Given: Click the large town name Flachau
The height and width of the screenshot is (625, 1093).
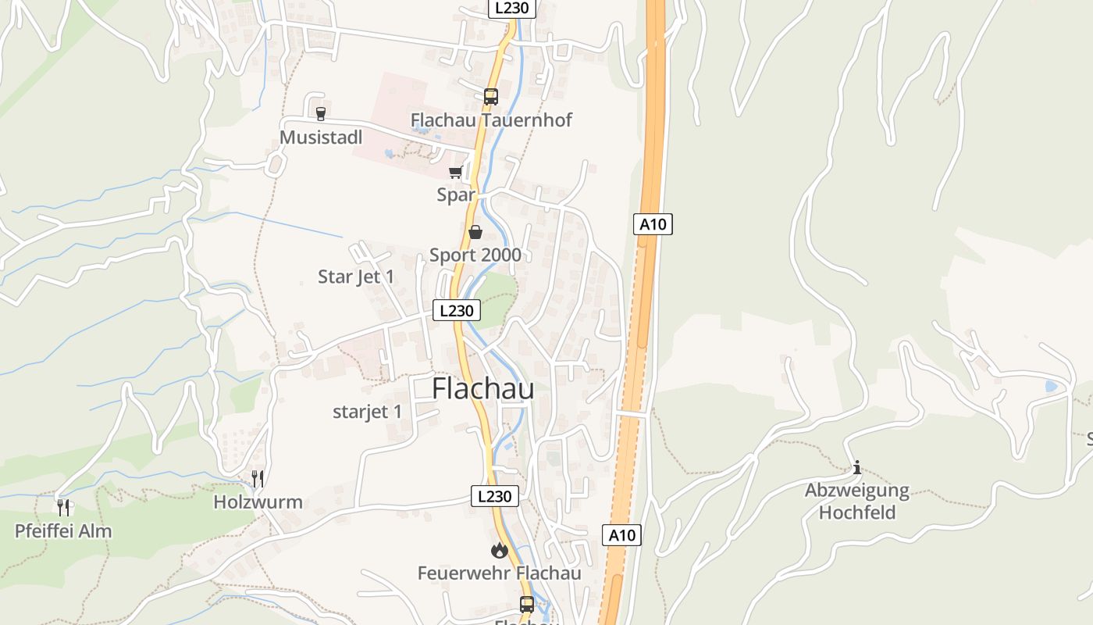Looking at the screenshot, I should (x=482, y=388).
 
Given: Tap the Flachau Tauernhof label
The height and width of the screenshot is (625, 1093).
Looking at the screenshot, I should (x=491, y=120).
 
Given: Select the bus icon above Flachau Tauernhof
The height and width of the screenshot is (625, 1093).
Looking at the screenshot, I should (x=490, y=97).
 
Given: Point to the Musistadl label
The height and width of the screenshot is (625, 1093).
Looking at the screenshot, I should (x=321, y=137).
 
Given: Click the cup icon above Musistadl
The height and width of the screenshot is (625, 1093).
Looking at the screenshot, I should (x=320, y=113).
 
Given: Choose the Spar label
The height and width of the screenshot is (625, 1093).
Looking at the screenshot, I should (x=456, y=195).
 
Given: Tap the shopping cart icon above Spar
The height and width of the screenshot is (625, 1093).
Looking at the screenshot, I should (x=455, y=172).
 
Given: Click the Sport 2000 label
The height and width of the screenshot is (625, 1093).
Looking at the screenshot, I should (x=475, y=255).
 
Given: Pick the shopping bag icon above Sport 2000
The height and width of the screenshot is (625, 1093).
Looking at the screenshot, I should (x=475, y=232).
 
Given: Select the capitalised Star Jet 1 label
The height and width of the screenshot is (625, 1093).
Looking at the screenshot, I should (x=356, y=277).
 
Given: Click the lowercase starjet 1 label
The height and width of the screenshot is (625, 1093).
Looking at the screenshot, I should (x=367, y=412).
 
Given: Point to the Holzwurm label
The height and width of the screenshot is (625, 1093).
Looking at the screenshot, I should (x=258, y=502).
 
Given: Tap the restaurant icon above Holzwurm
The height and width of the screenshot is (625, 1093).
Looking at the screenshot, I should (x=258, y=478).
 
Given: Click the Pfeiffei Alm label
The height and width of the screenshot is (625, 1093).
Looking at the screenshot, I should (x=63, y=531).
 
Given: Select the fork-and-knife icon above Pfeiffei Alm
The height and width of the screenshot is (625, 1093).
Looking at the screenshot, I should (x=64, y=508).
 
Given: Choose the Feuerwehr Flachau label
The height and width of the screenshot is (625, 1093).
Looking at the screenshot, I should (x=499, y=573).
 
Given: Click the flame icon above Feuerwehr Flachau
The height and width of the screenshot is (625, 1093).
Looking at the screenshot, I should (x=499, y=551).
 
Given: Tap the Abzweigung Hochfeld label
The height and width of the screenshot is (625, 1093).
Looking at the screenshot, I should (x=857, y=502).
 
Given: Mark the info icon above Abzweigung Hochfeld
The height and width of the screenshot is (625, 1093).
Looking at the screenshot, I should (x=857, y=467).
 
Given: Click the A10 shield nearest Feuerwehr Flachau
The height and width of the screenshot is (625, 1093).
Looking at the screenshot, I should (x=621, y=535).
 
